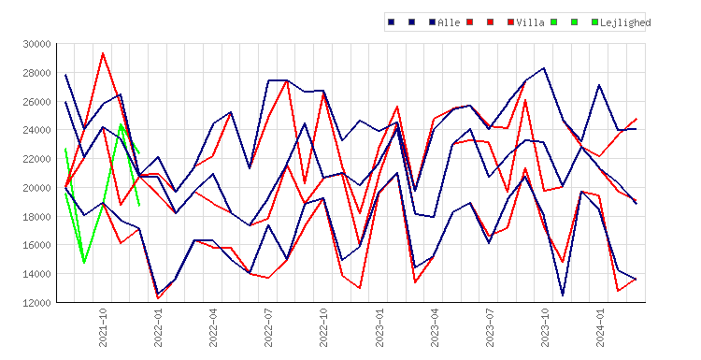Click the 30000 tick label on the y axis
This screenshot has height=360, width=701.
(36, 44)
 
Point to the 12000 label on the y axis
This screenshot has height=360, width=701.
(36, 302)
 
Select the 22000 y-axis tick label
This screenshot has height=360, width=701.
(36, 159)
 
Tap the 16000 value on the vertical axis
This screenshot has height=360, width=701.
(36, 245)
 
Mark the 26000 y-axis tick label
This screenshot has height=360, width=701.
(36, 102)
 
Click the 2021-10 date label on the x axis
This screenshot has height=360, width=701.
(103, 327)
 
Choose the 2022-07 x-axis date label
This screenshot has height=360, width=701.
(268, 327)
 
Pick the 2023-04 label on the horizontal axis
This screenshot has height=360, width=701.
(434, 327)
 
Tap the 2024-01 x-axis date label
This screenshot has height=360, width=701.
(600, 327)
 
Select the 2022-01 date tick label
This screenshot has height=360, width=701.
(158, 327)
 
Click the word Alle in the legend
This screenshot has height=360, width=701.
(449, 22)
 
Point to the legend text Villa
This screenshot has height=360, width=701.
(530, 22)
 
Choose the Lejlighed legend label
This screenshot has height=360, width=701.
(625, 22)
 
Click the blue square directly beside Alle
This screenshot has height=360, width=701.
(433, 22)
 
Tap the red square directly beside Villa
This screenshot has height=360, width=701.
(511, 22)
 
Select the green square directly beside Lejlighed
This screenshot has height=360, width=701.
(594, 22)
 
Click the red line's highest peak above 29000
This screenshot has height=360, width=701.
(103, 52)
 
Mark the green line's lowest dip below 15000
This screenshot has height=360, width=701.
(84, 263)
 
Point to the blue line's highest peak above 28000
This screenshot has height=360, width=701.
(544, 68)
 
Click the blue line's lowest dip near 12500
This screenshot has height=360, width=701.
(563, 295)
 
